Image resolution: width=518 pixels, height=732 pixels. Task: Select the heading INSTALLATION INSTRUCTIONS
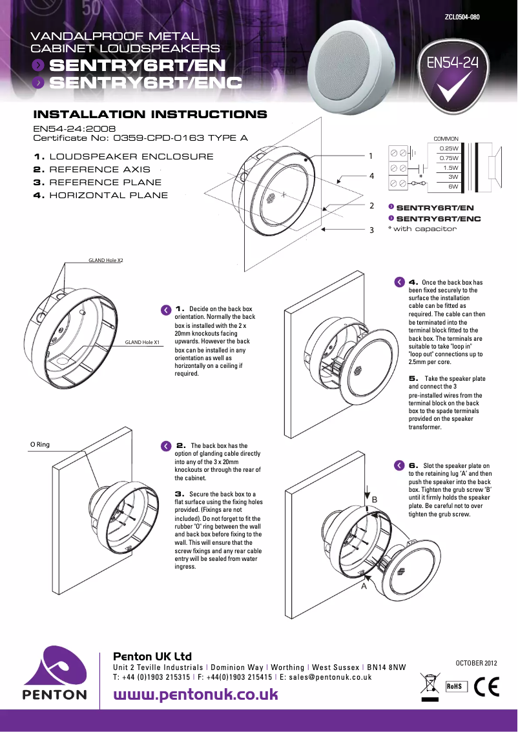tap(150, 115)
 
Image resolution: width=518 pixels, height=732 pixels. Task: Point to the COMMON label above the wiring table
tap(446, 139)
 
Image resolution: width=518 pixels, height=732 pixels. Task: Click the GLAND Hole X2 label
tap(106, 260)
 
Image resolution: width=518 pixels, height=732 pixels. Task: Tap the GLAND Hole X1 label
tap(143, 342)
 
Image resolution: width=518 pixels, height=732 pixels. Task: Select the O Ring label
tap(40, 445)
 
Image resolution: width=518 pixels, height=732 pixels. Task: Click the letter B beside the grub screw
tap(374, 500)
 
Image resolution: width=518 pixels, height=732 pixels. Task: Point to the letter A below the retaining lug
tap(364, 587)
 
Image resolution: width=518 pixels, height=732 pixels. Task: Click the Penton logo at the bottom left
tap(55, 673)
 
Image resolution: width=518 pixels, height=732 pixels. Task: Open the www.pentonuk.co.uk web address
tap(196, 695)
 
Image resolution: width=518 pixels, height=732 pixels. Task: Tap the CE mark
tap(486, 686)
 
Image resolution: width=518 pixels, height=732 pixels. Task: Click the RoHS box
tap(456, 686)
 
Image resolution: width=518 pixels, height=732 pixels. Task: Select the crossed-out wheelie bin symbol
tap(429, 684)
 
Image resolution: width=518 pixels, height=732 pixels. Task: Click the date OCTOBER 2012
tap(477, 662)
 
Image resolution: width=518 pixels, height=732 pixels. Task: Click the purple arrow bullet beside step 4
tap(399, 282)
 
